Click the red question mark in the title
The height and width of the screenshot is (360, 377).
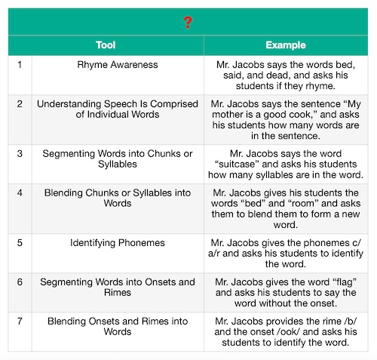[188, 22]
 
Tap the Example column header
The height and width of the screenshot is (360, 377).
[284, 45]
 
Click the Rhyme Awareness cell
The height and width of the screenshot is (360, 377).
[117, 65]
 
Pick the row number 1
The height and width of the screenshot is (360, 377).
[19, 65]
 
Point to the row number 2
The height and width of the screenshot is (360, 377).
[19, 103]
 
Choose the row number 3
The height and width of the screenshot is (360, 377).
[19, 153]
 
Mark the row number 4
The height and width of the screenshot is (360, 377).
[19, 193]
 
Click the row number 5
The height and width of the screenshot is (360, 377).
[19, 243]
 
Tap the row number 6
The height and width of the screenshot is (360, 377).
[19, 282]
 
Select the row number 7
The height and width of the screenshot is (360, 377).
[19, 321]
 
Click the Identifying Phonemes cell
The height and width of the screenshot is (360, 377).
[117, 243]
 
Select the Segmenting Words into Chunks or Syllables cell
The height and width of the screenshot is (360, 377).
[117, 158]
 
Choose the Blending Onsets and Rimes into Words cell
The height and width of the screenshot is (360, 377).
[117, 326]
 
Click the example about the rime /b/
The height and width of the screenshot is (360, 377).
[284, 331]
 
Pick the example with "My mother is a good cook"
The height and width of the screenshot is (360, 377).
[284, 115]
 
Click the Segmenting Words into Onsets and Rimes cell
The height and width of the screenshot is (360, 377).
[117, 288]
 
